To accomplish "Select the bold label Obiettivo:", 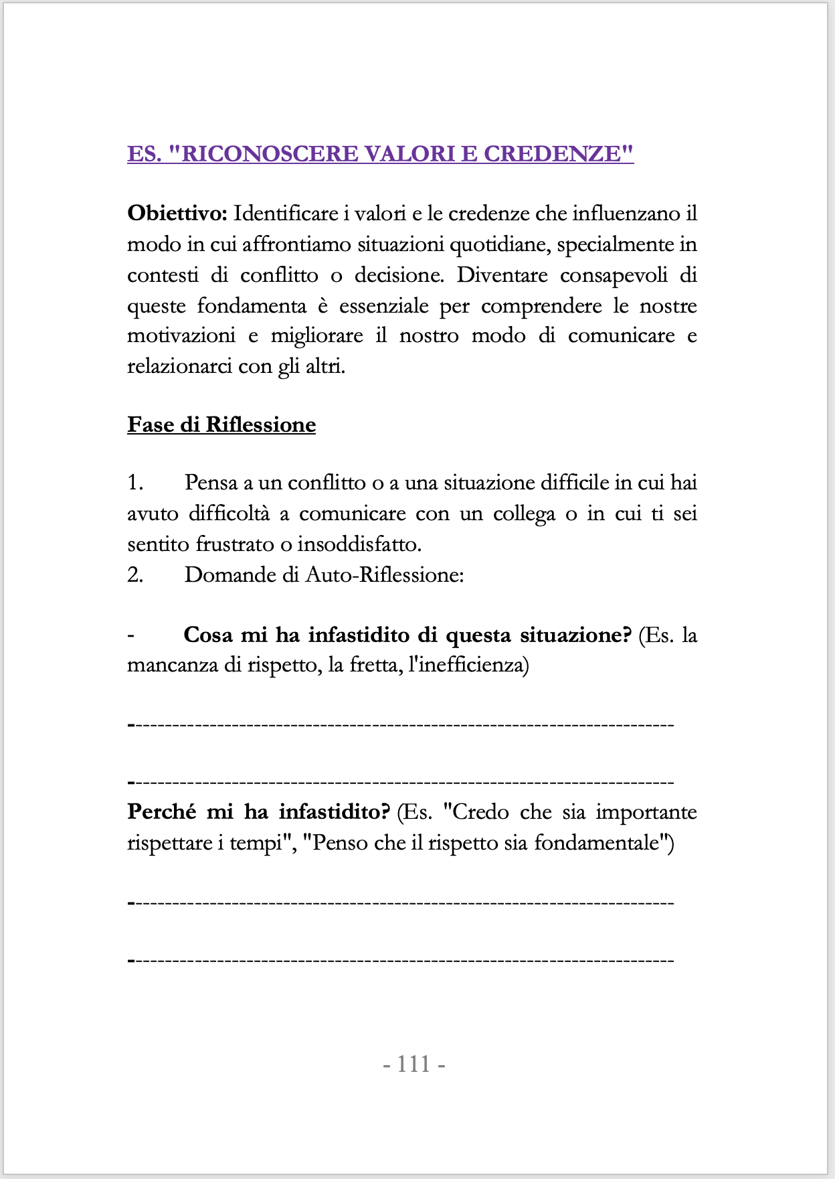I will click(x=177, y=214).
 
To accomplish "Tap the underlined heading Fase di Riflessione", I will click(x=221, y=424).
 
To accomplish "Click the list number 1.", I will click(x=135, y=483).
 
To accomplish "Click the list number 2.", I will click(x=135, y=575).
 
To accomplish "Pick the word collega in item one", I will click(x=524, y=514).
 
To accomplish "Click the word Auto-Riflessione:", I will click(x=385, y=575).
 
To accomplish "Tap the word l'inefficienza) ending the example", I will click(x=472, y=665).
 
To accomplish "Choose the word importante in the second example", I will click(x=646, y=812).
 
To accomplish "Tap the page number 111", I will click(x=414, y=1064).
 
